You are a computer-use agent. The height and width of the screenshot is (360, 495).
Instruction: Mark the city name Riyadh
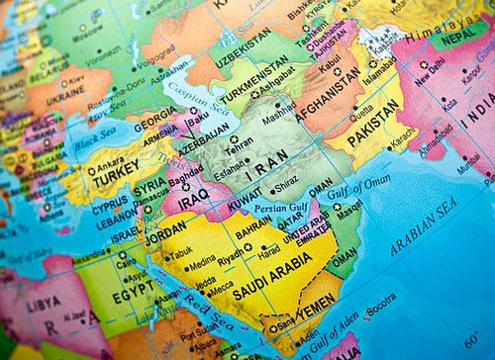point(233,252)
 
